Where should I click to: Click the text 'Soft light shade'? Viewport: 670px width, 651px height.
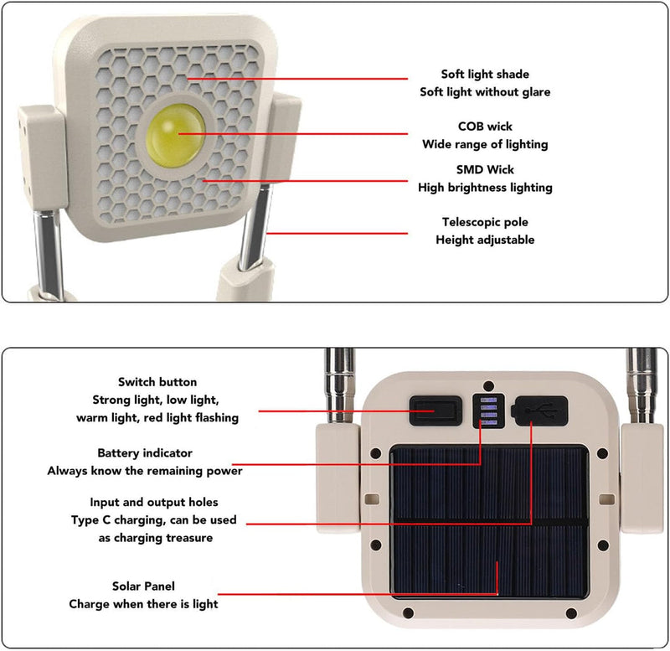click(485, 75)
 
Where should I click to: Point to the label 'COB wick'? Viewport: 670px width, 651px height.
click(485, 127)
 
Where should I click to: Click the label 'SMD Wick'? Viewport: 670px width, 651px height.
click(485, 170)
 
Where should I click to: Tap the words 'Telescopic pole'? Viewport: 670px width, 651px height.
click(485, 222)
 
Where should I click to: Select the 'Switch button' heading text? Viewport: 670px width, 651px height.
click(158, 382)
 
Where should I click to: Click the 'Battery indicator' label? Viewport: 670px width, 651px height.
click(144, 452)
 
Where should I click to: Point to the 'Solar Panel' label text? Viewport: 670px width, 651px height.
click(143, 586)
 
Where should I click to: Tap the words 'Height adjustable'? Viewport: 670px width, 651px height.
click(485, 240)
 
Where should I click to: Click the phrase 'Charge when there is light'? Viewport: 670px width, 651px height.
click(143, 604)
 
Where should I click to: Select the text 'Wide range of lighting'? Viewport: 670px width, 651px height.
click(485, 144)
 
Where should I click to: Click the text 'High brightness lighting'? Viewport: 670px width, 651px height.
click(485, 188)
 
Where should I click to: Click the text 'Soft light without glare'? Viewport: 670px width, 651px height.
click(485, 92)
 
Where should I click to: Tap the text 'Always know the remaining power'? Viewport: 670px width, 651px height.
click(144, 470)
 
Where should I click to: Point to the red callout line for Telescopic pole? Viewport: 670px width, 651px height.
click(335, 232)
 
